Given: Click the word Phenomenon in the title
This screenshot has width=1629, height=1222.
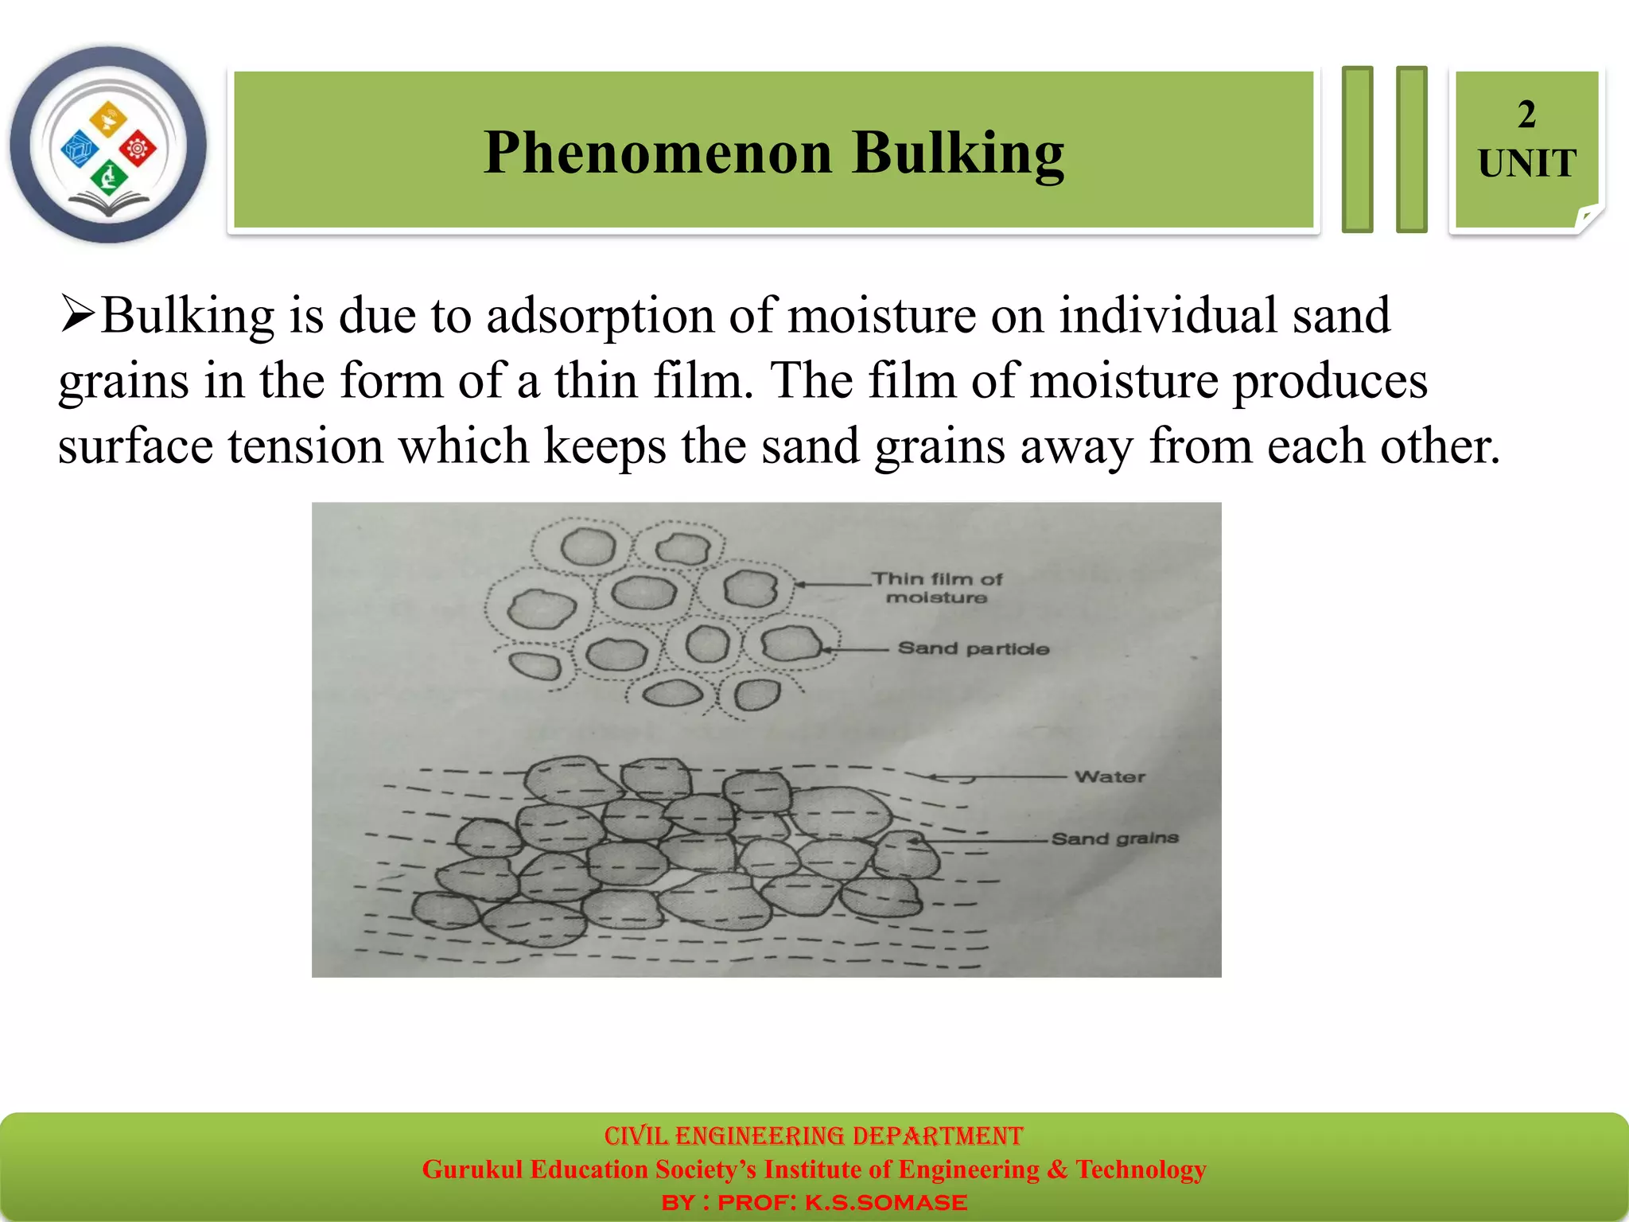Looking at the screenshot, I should coord(657,153).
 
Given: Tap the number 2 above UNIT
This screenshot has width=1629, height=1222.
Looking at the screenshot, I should coord(1526,115).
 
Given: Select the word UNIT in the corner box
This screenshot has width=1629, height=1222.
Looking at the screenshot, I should coord(1526,164).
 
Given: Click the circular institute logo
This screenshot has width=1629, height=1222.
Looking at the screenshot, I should coord(108,145).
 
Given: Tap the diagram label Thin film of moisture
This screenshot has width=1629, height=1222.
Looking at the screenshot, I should coord(936,588).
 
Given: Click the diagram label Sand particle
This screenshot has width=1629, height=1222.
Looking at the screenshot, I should coord(973,649).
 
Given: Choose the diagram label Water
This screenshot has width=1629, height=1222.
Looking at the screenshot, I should coord(1110,777).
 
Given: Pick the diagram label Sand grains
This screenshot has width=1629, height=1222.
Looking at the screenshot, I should coord(1114,839).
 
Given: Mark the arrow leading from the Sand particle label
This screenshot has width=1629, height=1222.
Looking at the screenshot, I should coord(855,650).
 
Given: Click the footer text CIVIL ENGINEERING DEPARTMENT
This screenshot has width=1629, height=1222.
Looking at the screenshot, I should coord(813,1136).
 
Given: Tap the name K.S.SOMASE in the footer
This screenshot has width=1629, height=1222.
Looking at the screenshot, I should coord(885,1203).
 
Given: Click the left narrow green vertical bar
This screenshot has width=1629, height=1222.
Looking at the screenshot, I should coord(1357,150).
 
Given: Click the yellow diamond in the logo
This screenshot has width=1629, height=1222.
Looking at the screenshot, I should coord(107,119).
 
